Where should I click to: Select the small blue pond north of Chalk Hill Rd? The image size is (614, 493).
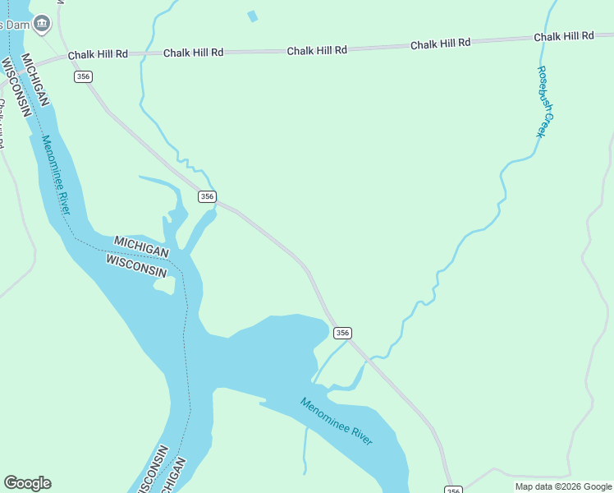tap(253, 16)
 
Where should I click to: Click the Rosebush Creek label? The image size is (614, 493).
tap(547, 101)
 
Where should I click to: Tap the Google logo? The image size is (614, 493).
tap(27, 483)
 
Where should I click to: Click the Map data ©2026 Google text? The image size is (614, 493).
tap(563, 486)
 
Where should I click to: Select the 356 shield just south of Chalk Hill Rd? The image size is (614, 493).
tap(83, 76)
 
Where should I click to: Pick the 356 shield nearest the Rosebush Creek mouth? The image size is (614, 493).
tap(342, 333)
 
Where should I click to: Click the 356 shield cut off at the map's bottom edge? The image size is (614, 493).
tap(454, 489)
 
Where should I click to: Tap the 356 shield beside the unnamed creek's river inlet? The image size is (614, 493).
tap(207, 196)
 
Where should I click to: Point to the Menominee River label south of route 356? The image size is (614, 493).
tap(337, 422)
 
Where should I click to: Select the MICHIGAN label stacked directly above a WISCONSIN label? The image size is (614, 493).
tap(141, 246)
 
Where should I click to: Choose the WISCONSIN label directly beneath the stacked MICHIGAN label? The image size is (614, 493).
tap(136, 265)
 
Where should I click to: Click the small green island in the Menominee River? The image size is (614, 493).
tap(165, 285)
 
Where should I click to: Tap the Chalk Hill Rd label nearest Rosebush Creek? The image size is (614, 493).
tap(563, 37)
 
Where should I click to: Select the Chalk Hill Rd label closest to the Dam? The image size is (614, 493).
tap(98, 55)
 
